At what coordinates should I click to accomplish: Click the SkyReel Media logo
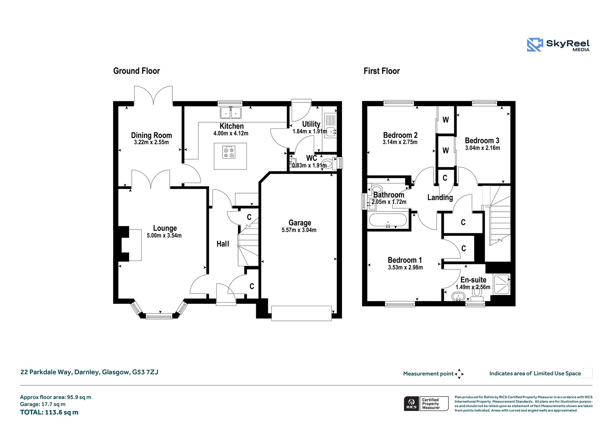click(558, 45)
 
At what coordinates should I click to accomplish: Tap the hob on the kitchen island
click(229, 152)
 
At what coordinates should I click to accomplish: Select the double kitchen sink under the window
click(231, 113)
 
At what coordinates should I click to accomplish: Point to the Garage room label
click(300, 223)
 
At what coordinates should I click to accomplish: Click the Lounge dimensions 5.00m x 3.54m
click(164, 236)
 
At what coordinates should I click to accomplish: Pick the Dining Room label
click(151, 135)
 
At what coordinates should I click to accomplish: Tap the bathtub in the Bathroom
click(388, 220)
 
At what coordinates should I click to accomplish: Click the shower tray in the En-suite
click(502, 284)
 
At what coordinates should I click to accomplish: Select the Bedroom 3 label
click(482, 141)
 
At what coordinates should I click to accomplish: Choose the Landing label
click(440, 197)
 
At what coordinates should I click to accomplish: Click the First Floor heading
click(382, 71)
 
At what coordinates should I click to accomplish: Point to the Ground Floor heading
click(136, 71)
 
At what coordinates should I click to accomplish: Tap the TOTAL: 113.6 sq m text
click(49, 412)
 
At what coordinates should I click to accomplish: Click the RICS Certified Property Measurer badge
click(426, 403)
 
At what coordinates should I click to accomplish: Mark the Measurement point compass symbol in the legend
click(459, 374)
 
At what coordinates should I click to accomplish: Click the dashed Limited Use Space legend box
click(588, 373)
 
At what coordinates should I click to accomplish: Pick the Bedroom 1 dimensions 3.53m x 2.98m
click(405, 267)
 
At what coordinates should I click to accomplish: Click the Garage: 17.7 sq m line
click(43, 404)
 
